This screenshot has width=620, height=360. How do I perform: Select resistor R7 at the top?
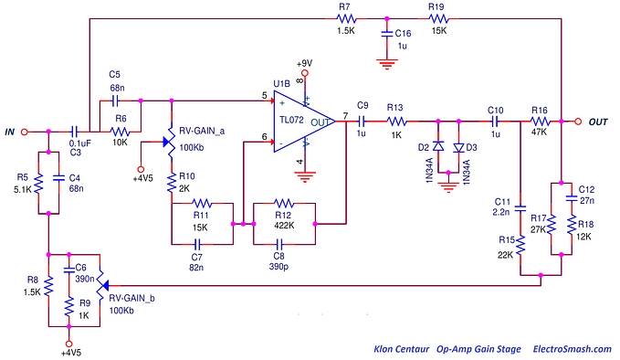[x=344, y=17]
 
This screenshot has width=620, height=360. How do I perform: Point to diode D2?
[x=438, y=146]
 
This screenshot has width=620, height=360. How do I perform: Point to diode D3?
[x=458, y=146]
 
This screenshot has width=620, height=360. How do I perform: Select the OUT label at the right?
[x=598, y=122]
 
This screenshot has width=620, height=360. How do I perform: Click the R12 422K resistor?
[x=283, y=203]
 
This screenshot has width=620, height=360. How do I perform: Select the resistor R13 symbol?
[x=395, y=120]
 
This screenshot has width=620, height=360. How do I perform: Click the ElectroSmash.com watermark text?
[x=558, y=349]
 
